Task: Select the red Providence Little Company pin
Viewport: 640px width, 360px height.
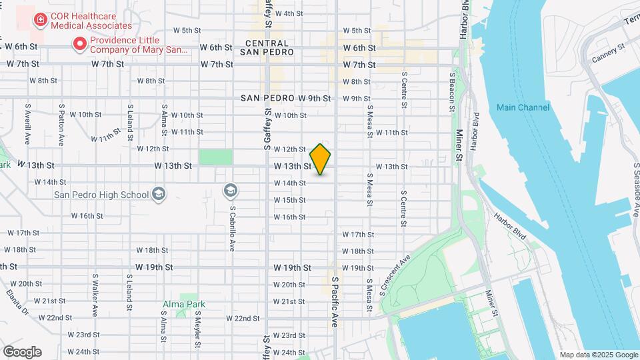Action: tap(80, 45)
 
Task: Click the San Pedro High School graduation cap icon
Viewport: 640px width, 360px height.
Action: tap(159, 194)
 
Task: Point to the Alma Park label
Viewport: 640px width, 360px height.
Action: tap(184, 304)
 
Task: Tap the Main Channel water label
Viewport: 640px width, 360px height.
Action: tap(523, 107)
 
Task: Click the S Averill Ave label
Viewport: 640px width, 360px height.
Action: tap(27, 124)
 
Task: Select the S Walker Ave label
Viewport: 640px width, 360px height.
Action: tap(96, 295)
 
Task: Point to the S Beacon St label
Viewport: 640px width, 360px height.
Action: tap(452, 87)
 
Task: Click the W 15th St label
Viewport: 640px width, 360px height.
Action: tap(289, 200)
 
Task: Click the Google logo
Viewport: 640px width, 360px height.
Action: tap(22, 352)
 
